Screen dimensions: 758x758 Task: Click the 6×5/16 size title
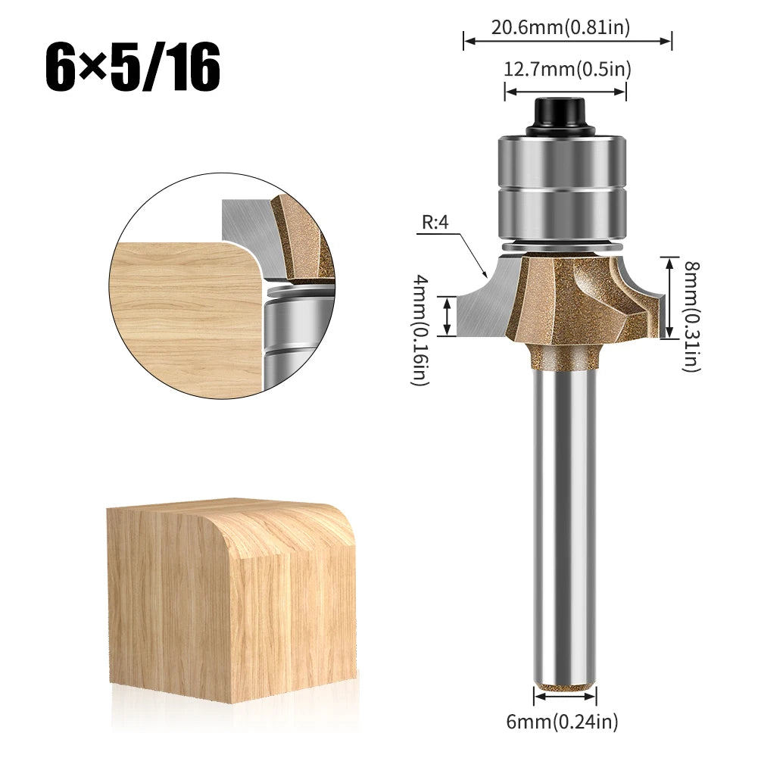tap(133, 67)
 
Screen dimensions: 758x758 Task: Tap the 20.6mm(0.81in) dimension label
tap(560, 28)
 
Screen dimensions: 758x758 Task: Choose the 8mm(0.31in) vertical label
tap(691, 316)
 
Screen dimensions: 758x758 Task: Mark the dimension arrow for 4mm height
tap(449, 317)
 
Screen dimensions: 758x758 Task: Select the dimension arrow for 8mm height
tap(667, 298)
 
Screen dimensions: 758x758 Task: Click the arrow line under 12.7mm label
tap(566, 92)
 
